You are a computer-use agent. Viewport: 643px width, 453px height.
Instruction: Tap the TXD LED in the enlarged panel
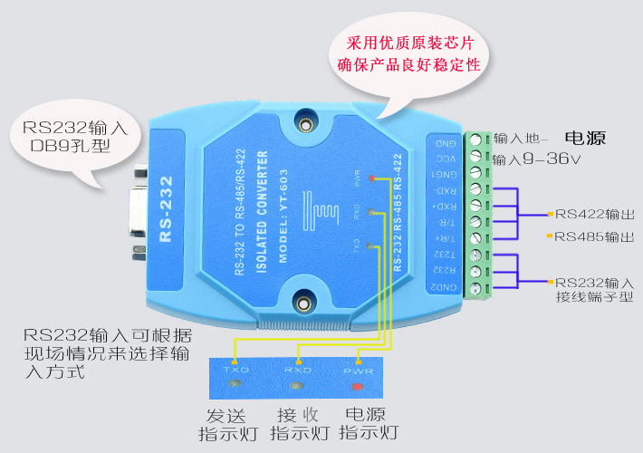pos(236,387)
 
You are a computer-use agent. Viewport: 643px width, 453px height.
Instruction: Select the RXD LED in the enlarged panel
pos(296,388)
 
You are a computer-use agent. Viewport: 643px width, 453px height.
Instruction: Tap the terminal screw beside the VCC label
pos(475,156)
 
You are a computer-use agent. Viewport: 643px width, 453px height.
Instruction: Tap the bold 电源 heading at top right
pos(584,139)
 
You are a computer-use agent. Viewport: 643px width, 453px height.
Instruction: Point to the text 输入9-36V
pos(536,159)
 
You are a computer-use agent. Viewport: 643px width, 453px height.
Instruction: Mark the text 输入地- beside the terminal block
pos(521,139)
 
